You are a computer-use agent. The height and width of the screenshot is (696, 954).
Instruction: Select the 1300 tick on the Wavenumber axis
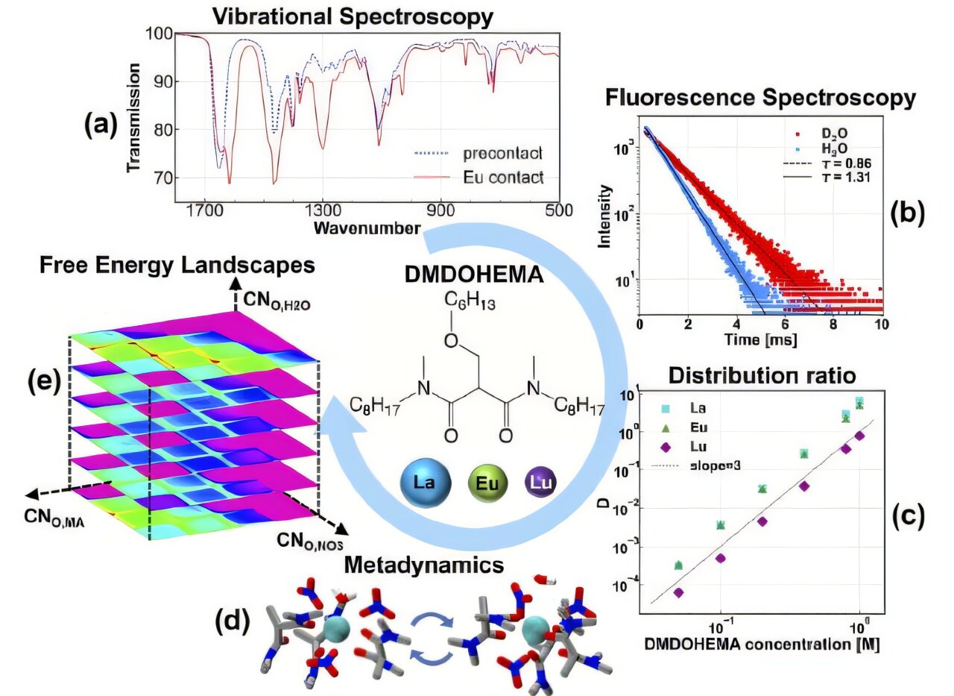tap(322, 210)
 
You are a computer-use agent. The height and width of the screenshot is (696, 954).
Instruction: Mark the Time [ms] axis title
tap(761, 340)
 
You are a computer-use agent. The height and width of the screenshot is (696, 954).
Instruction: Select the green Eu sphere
tap(488, 483)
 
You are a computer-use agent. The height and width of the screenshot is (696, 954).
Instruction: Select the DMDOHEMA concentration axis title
tap(754, 645)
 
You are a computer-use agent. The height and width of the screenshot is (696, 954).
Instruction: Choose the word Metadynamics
tap(425, 565)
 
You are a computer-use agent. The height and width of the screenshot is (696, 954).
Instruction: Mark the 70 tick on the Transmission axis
tap(161, 178)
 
